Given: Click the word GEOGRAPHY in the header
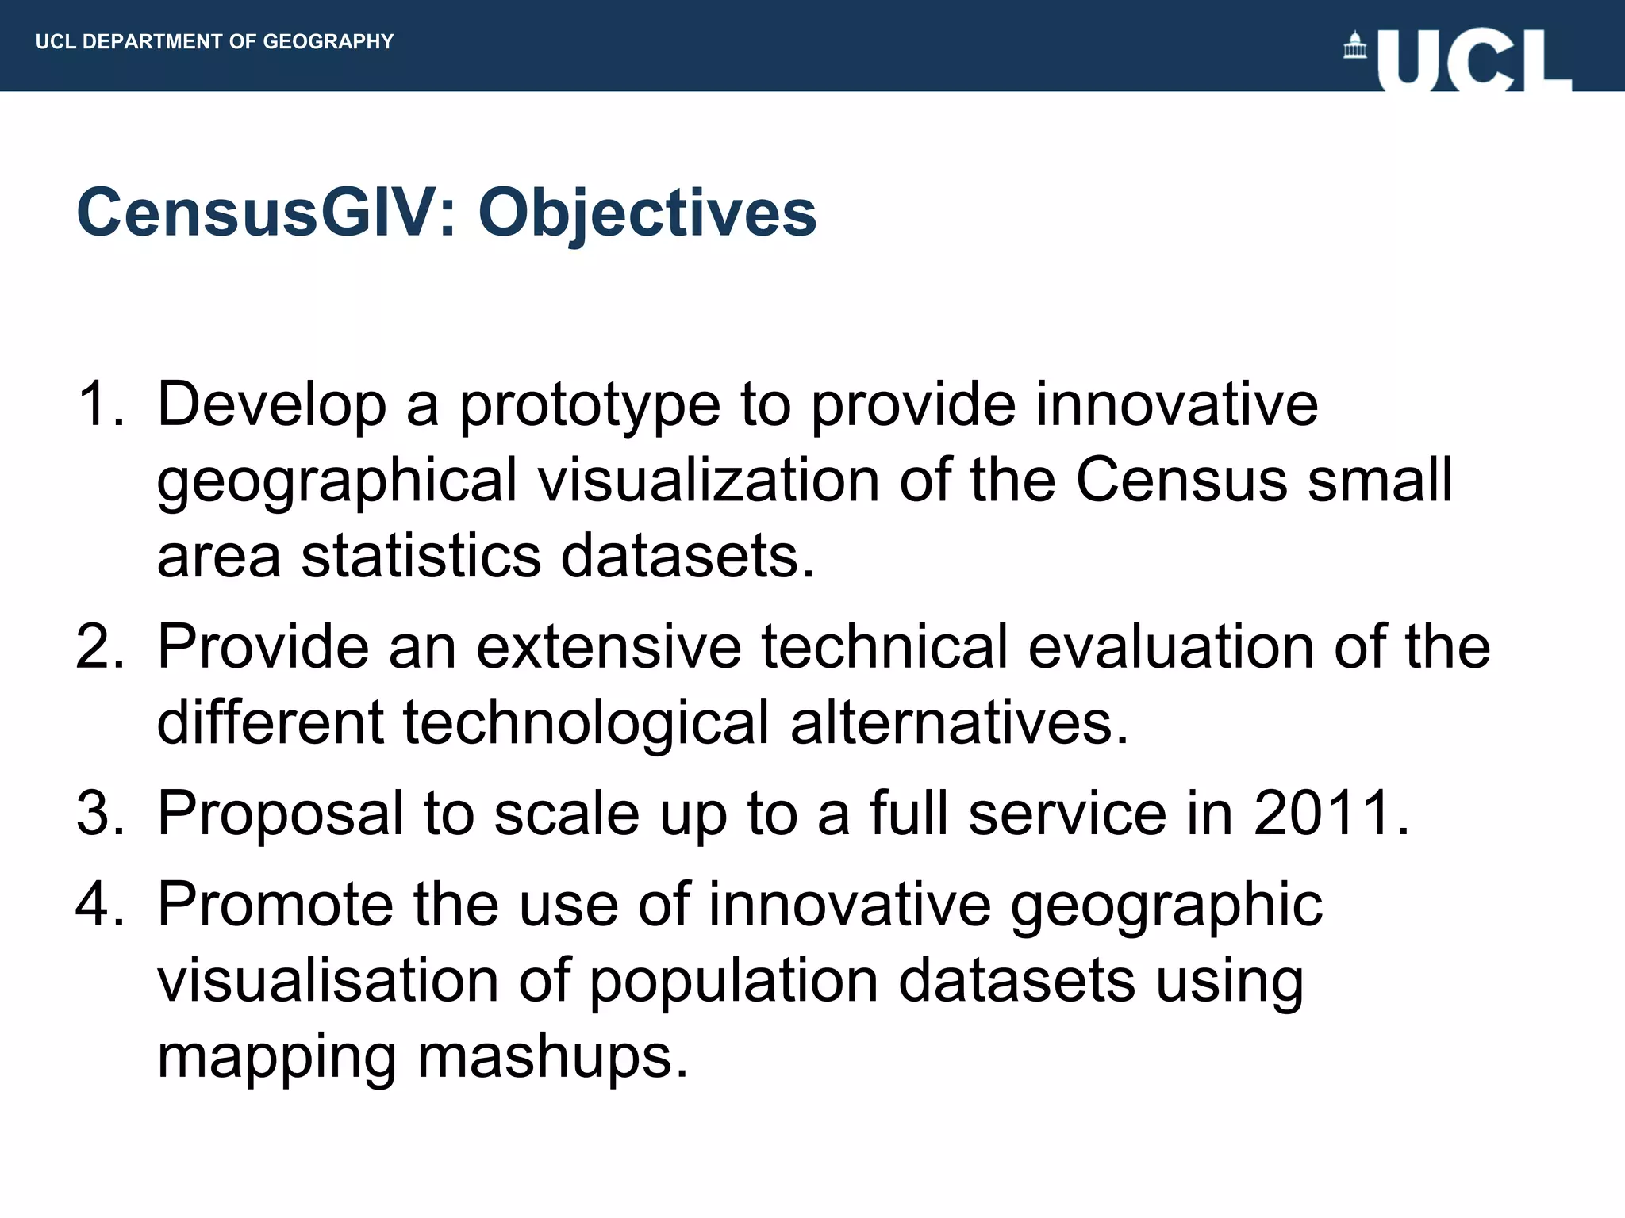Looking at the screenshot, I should coord(328,41).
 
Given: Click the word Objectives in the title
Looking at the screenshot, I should coord(647,213).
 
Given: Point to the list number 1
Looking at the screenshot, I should coord(99,404).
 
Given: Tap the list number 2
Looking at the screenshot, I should coord(99,647).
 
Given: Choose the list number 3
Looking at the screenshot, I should coord(99,814).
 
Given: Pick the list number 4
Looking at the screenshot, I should coord(99,904).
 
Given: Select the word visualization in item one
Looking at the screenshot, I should coord(708,481).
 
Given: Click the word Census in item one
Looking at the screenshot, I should coord(1181,481).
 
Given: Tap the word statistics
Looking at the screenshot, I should coord(421,555).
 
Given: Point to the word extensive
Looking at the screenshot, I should coord(609,647).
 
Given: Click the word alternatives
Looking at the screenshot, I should coord(958,723).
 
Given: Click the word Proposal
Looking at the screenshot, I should coord(281,814).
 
